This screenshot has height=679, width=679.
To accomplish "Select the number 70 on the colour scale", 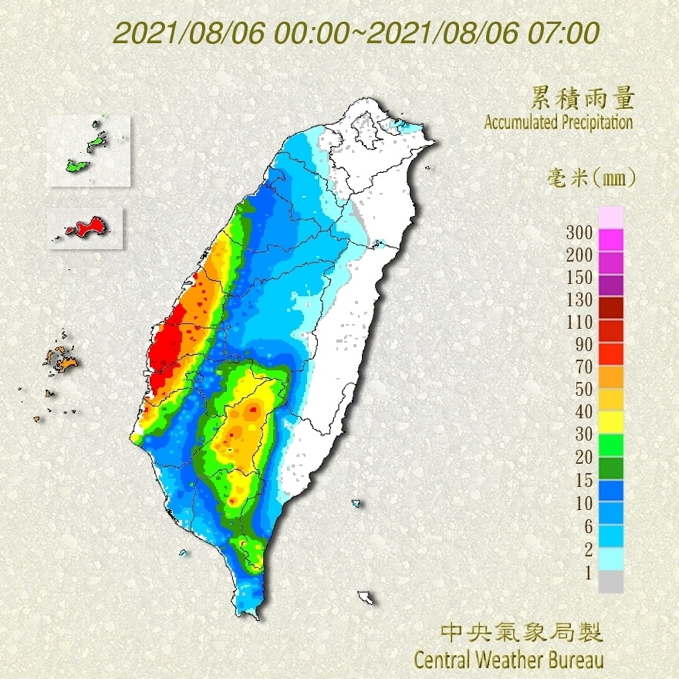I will click(x=579, y=367).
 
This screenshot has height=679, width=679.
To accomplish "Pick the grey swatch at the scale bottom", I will click(x=610, y=582).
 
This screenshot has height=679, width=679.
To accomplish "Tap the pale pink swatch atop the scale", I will click(x=610, y=217).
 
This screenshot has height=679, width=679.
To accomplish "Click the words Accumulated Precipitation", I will click(x=559, y=122).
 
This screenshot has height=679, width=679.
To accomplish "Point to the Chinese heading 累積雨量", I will click(x=583, y=98).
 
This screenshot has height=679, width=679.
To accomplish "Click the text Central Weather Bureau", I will click(x=508, y=660).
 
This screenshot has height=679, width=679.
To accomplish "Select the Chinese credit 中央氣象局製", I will click(x=522, y=633).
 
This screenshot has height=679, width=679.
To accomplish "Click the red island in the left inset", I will click(x=86, y=227).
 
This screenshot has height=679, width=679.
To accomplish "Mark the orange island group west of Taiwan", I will click(x=60, y=360).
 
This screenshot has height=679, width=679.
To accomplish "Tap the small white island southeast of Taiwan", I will click(x=366, y=597).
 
